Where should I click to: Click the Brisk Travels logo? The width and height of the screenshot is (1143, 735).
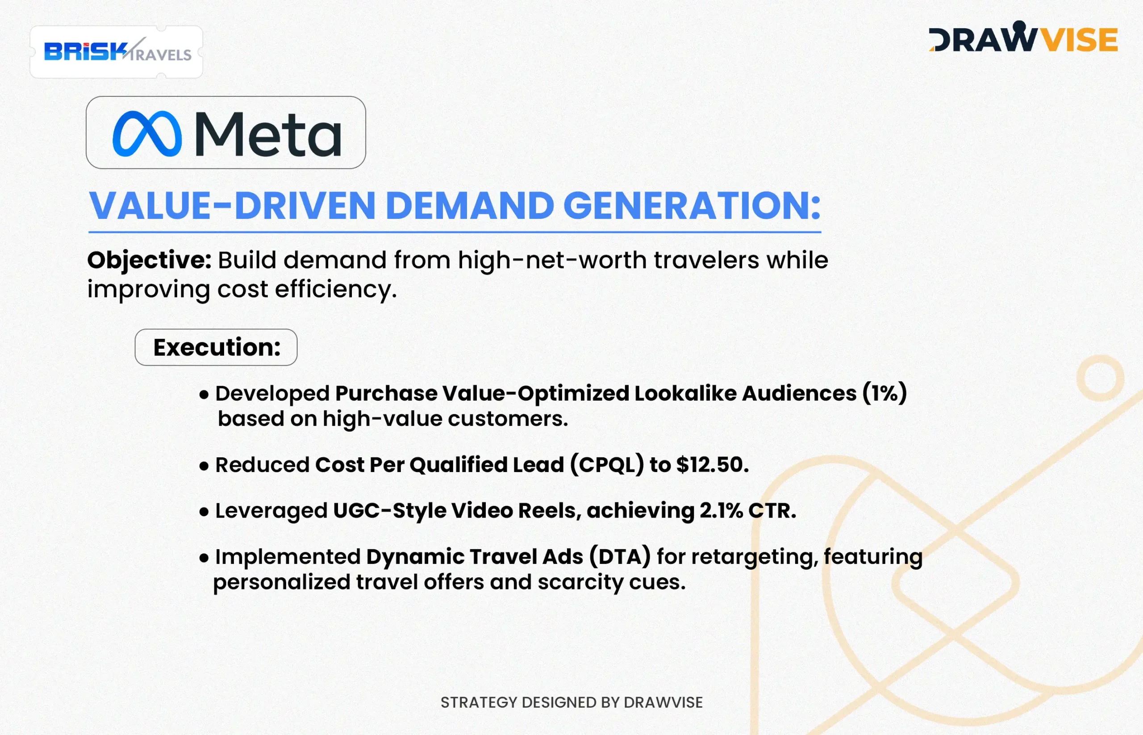tap(117, 52)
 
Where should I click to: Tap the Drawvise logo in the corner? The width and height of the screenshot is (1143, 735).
tap(1023, 37)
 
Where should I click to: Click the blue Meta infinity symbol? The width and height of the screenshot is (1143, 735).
tap(147, 134)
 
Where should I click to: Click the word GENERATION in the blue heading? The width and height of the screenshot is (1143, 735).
tap(692, 205)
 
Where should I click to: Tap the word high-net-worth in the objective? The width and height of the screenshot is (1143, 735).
tap(553, 260)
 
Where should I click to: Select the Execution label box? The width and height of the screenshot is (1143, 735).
tap(216, 347)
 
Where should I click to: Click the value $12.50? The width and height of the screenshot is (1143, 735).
tap(713, 464)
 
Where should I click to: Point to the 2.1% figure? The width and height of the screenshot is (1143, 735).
tap(721, 510)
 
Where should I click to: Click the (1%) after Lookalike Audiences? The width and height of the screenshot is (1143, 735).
tap(884, 393)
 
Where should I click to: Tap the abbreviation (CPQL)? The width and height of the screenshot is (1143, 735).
tap(607, 465)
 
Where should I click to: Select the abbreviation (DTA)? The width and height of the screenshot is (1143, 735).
tap(620, 556)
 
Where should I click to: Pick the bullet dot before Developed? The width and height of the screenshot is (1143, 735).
tap(204, 395)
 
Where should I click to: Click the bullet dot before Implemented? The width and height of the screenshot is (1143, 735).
tap(204, 557)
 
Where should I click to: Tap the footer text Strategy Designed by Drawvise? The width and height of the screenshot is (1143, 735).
tap(571, 702)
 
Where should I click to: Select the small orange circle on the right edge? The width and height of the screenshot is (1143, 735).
tap(1101, 378)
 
